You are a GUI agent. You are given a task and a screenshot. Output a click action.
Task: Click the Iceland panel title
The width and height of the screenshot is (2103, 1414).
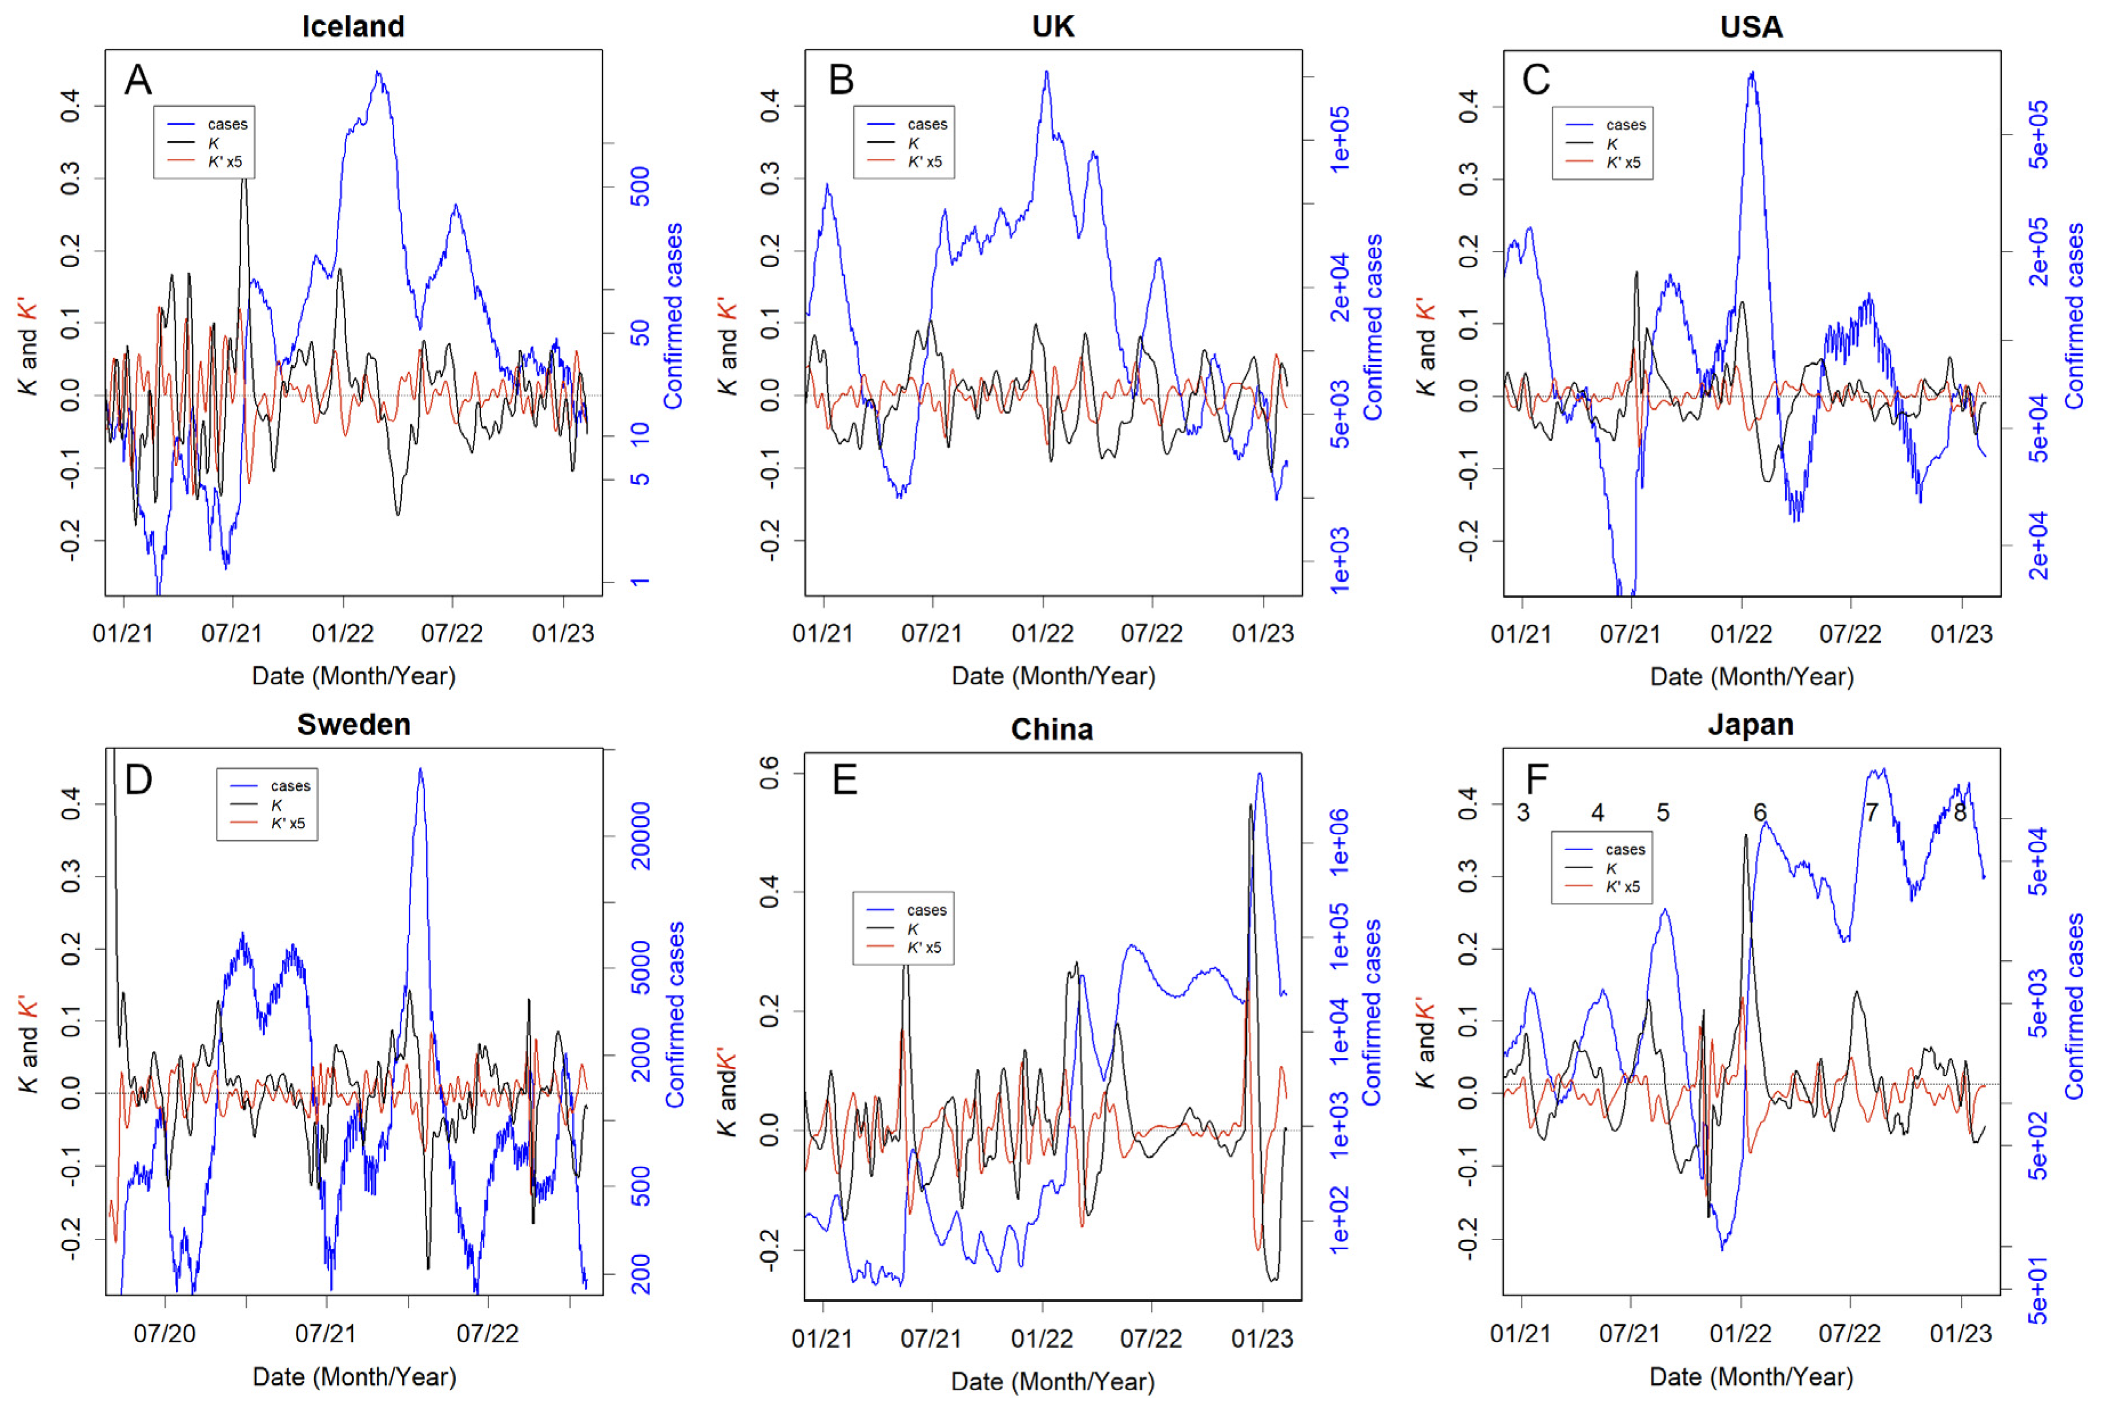pos(353,26)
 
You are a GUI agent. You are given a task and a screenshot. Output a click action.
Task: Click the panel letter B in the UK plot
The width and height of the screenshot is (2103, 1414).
pos(840,80)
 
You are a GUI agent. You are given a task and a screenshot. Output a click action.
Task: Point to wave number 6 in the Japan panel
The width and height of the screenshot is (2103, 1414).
pos(1759,812)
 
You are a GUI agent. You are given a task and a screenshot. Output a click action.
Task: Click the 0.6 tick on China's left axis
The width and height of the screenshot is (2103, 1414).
pos(769,773)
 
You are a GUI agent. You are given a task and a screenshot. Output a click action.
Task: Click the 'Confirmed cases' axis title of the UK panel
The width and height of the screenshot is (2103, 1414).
pos(1372,327)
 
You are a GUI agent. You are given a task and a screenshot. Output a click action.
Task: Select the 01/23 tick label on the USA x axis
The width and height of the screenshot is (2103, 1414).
pos(1960,634)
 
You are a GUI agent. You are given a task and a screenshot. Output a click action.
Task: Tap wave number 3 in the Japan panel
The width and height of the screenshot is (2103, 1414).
pos(1523,812)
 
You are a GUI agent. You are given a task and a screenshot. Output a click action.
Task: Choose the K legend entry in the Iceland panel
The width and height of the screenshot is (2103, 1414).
pos(213,143)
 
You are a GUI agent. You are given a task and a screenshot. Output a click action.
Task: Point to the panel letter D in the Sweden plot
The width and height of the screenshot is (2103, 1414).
pos(138,780)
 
